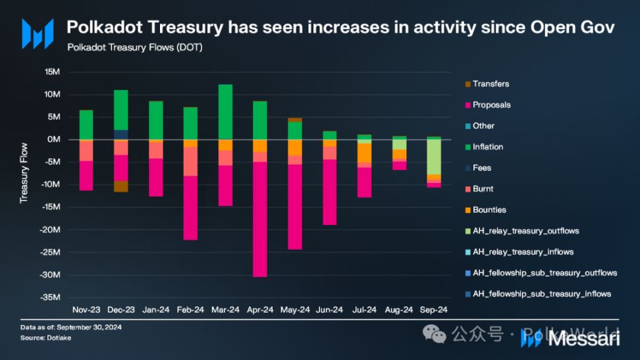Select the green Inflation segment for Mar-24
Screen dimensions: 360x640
tap(225, 112)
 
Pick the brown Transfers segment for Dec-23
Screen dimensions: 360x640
tap(120, 186)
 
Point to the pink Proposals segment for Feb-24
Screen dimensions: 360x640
tap(190, 208)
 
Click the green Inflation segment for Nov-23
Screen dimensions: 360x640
tap(86, 124)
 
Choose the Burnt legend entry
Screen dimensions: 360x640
tap(483, 189)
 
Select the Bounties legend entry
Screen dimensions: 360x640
tap(489, 210)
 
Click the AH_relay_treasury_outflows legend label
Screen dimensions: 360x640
tap(525, 231)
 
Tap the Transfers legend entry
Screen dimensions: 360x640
tap(491, 84)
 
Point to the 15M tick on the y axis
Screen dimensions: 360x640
tap(51, 72)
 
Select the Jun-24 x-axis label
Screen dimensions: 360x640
tap(329, 309)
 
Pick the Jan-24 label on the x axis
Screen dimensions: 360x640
tap(155, 309)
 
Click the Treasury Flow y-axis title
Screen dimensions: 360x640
tap(24, 172)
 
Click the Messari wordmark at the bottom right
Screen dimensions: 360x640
tap(583, 338)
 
